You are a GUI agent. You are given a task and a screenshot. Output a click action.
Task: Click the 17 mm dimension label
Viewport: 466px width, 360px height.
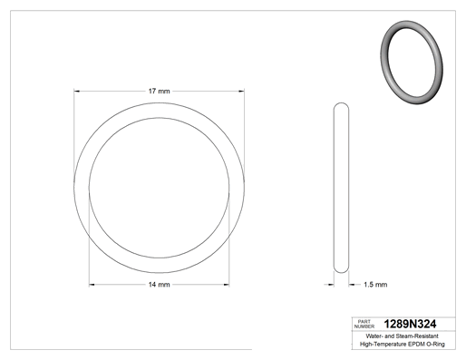click(x=159, y=91)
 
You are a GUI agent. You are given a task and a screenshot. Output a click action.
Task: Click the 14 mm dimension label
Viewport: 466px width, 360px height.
click(x=159, y=285)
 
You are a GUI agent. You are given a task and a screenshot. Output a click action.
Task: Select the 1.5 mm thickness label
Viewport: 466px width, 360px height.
click(x=375, y=285)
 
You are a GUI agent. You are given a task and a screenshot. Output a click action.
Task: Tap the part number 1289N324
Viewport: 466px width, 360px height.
click(x=410, y=324)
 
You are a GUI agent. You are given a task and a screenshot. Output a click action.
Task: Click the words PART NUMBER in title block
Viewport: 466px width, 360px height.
click(x=364, y=324)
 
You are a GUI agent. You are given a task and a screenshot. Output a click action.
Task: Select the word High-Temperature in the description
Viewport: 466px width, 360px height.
click(x=383, y=344)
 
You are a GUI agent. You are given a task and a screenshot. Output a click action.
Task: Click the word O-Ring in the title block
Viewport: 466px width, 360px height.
click(x=435, y=344)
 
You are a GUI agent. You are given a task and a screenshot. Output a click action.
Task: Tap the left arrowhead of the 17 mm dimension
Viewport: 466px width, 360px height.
click(x=77, y=91)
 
